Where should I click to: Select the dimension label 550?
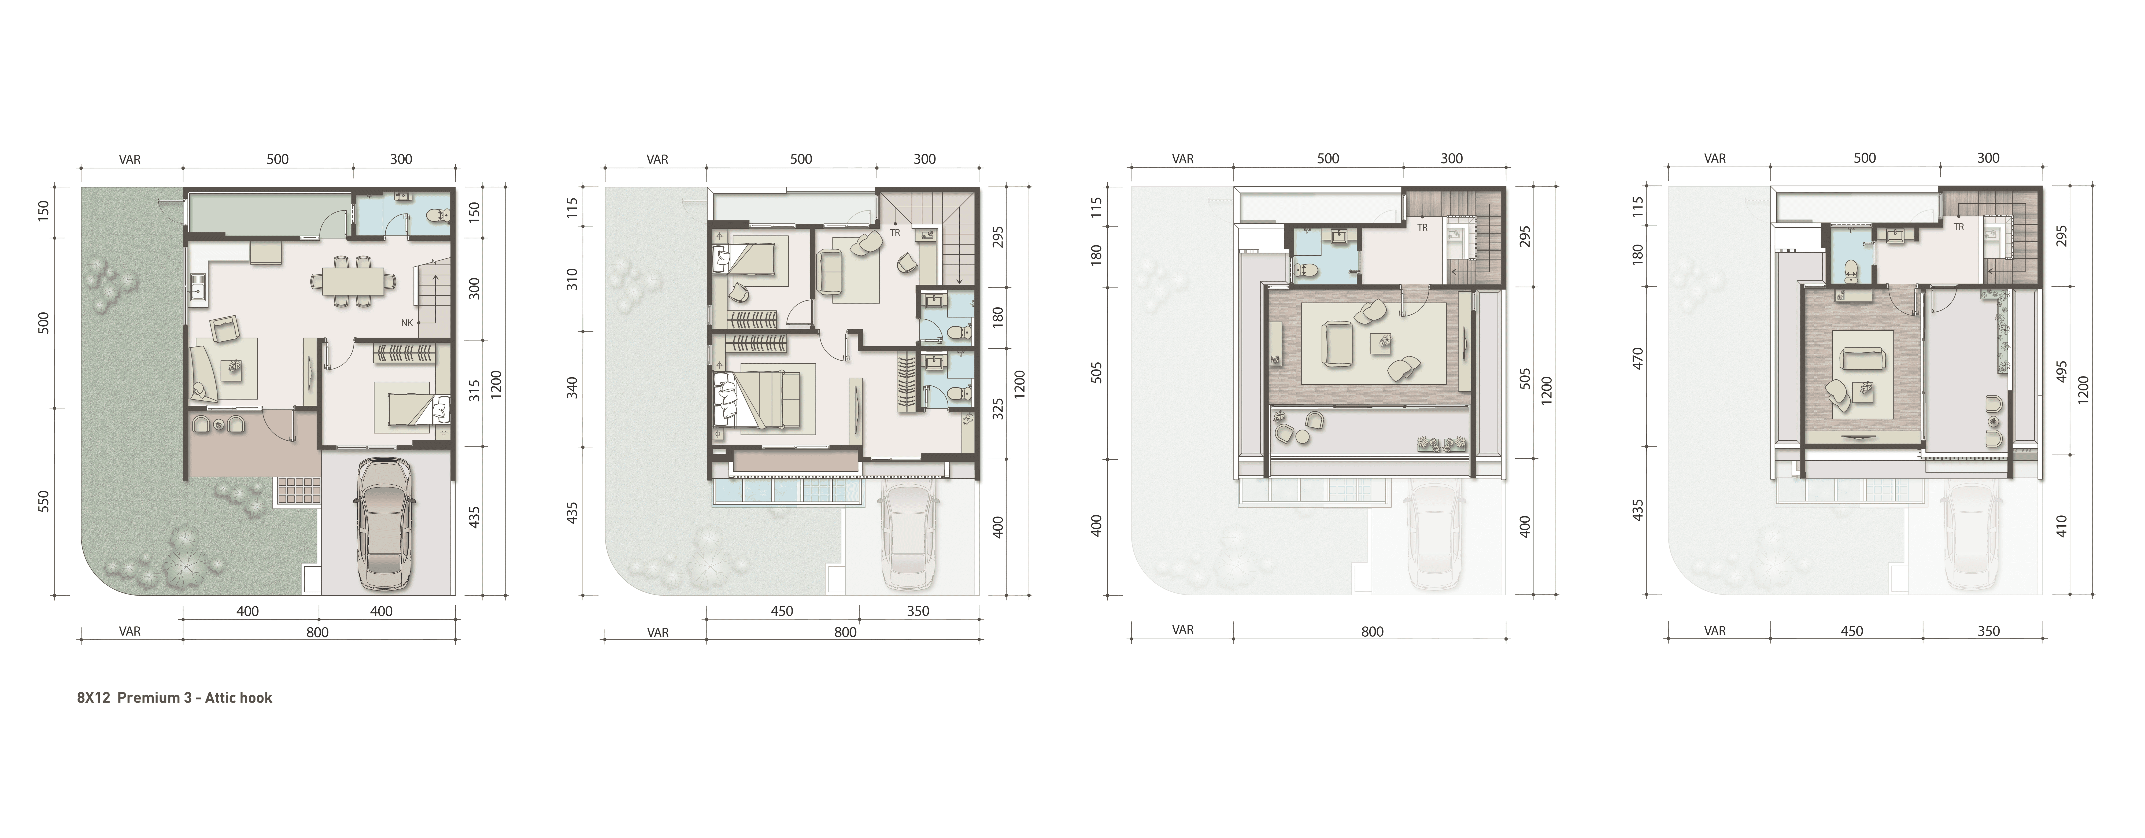pos(44,501)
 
